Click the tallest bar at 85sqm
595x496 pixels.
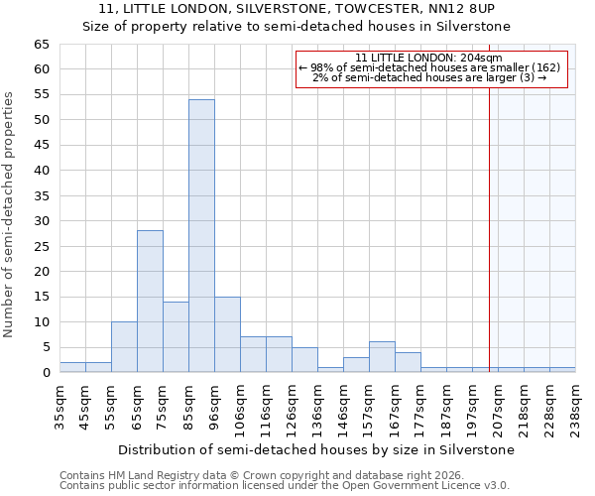click(x=201, y=236)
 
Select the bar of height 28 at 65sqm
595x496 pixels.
click(x=150, y=302)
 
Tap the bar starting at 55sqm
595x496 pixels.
click(x=124, y=347)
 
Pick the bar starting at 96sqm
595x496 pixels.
click(x=227, y=334)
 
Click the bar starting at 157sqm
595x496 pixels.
click(x=382, y=357)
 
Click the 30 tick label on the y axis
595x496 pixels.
click(x=41, y=221)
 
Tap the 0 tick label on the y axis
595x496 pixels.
click(x=46, y=373)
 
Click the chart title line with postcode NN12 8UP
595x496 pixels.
click(x=297, y=9)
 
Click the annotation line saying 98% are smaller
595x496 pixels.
click(x=429, y=67)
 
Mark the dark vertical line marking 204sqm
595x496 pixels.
click(x=489, y=228)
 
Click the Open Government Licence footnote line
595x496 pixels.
click(x=285, y=485)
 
